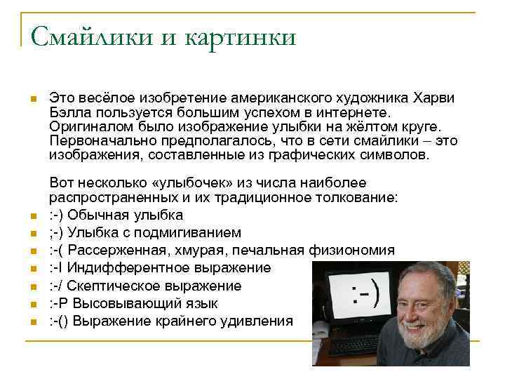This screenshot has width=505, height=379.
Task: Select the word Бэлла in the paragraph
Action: [69, 112]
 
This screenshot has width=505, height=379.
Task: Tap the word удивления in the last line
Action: [260, 321]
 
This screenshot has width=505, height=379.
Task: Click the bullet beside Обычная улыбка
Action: [32, 215]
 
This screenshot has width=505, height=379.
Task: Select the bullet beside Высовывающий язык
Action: [32, 304]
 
